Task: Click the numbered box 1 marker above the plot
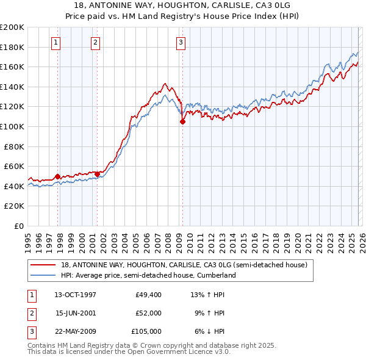click(56, 42)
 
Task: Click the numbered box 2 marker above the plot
click(96, 42)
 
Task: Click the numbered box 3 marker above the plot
click(181, 42)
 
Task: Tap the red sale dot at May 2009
click(182, 121)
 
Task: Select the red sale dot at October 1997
click(58, 177)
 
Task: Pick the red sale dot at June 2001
click(98, 175)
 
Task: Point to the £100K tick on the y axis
click(12, 126)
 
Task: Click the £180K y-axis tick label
click(12, 47)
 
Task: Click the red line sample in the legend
click(44, 265)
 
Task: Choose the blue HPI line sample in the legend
click(44, 275)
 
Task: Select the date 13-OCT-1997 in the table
click(75, 295)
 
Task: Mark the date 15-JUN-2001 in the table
click(75, 313)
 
